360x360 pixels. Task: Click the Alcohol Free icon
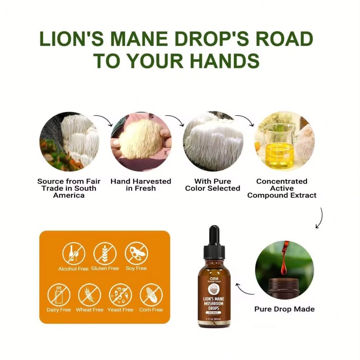pyautogui.click(x=73, y=253)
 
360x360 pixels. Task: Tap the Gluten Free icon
pyautogui.click(x=105, y=253)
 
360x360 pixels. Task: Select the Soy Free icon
pyautogui.click(x=136, y=253)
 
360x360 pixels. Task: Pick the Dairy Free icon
pyautogui.click(x=59, y=295)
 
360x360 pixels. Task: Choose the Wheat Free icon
pyautogui.click(x=90, y=295)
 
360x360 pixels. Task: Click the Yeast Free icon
pyautogui.click(x=120, y=295)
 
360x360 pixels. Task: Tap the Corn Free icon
pyautogui.click(x=151, y=295)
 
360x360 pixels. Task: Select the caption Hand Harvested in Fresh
pyautogui.click(x=141, y=184)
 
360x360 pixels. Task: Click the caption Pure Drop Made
pyautogui.click(x=284, y=309)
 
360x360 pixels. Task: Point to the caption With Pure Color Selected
pyautogui.click(x=213, y=184)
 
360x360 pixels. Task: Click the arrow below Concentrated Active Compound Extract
pyautogui.click(x=319, y=218)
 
